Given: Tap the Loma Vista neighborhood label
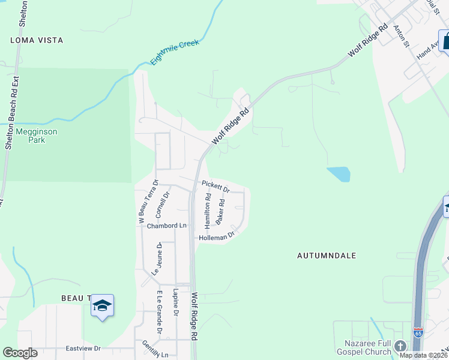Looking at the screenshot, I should click(x=37, y=40).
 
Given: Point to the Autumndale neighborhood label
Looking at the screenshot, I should click(x=327, y=256).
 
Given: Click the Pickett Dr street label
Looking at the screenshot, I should click(x=215, y=186).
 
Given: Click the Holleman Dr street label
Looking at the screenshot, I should click(x=217, y=238).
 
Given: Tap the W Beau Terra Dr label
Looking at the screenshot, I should click(x=148, y=202).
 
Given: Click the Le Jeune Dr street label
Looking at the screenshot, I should click(x=157, y=259).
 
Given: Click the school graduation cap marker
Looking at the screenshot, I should click(x=102, y=306).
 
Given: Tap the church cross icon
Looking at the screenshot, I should click(x=400, y=346).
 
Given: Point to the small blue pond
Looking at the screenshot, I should click(x=339, y=174).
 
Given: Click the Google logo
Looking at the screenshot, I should click(x=20, y=353).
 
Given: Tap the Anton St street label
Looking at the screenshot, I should click(x=401, y=36).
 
